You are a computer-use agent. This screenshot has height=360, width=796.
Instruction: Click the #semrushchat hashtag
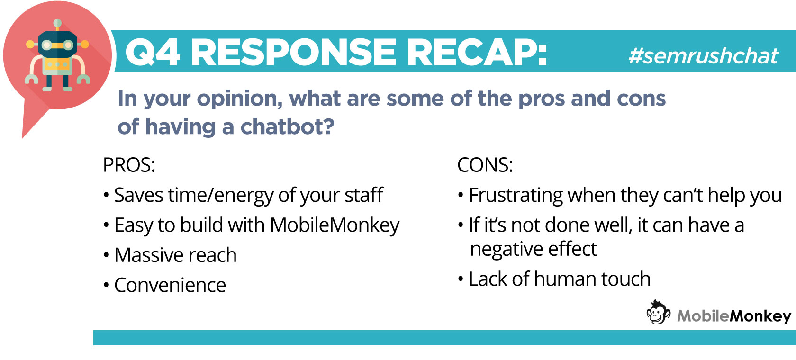click(703, 56)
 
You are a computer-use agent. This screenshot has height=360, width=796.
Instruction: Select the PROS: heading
click(129, 165)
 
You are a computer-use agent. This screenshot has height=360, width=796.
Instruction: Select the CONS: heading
click(485, 165)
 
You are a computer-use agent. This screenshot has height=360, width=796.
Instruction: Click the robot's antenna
click(57, 25)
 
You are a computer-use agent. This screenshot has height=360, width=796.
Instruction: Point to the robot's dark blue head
click(57, 44)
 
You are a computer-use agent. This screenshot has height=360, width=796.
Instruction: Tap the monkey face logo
click(659, 312)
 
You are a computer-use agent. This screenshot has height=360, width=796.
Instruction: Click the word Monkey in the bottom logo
click(760, 316)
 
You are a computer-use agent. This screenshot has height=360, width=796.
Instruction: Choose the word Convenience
click(170, 285)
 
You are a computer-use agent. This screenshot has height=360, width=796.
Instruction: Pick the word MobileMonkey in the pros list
click(335, 225)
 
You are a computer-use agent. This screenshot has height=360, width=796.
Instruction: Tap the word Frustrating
click(516, 196)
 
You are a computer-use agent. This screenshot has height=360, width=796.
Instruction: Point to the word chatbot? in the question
click(287, 126)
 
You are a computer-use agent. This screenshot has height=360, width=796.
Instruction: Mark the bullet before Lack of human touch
click(461, 279)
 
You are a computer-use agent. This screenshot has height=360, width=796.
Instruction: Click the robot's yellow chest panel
click(57, 65)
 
